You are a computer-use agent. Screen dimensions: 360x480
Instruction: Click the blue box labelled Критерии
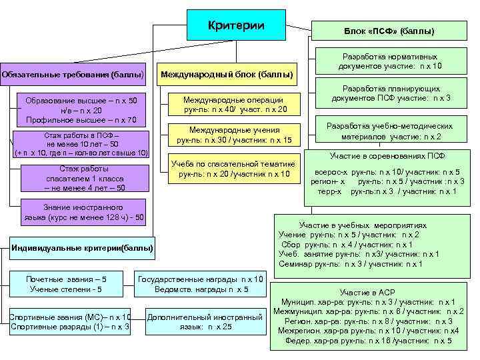point(237,25)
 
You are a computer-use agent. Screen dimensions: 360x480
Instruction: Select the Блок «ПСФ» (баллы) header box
point(389,31)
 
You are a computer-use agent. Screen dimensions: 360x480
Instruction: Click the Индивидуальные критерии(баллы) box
point(82,249)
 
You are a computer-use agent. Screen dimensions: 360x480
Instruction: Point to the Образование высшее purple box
point(81,110)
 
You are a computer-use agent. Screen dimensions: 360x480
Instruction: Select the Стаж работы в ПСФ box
point(81,144)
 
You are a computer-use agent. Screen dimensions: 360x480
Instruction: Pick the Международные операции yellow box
point(235,104)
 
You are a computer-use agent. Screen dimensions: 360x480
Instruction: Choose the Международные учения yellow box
point(235,135)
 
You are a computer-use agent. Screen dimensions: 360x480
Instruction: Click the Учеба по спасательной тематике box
point(233,169)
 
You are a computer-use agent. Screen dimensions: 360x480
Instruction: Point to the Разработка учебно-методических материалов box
point(389,131)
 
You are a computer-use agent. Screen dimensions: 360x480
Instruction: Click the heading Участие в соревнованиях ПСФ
point(387,156)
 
